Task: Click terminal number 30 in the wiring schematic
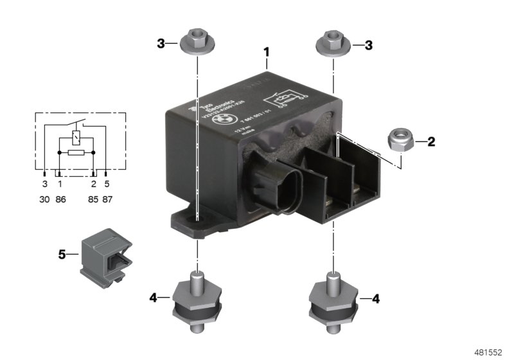click(44, 200)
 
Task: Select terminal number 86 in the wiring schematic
click(60, 200)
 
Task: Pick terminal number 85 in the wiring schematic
click(93, 200)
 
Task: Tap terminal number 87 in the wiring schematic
click(107, 200)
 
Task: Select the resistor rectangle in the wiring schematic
click(76, 154)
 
